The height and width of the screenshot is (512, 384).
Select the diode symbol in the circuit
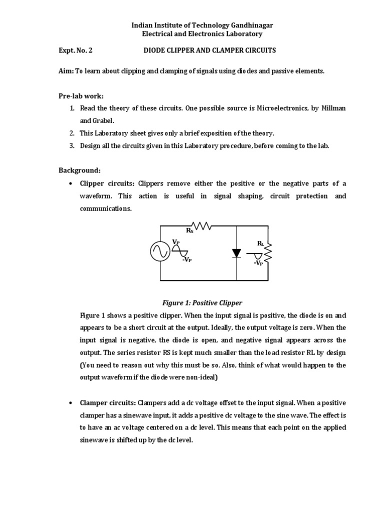point(236,253)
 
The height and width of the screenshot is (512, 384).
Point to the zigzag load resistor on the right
point(268,252)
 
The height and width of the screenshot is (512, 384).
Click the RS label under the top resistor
point(189,231)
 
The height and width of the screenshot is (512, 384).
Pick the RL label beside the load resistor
point(260,243)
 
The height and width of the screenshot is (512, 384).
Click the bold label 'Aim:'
point(66,71)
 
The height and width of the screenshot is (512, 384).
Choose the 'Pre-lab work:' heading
point(81,96)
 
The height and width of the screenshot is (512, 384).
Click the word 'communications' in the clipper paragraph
point(104,208)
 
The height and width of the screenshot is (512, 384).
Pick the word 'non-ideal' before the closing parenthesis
point(199,378)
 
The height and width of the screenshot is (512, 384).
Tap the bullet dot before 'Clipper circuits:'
point(72,183)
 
